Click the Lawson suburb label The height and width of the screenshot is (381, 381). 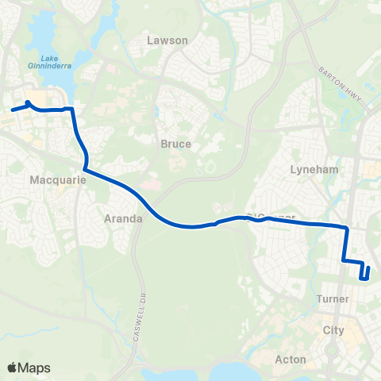[168, 40]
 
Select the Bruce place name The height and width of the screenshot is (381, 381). [175, 144]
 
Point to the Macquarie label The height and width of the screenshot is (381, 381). [52, 180]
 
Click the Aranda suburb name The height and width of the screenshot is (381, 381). [123, 217]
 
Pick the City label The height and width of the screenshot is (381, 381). [333, 329]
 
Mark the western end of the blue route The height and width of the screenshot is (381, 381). [12, 110]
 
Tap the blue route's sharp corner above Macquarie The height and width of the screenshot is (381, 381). [84, 169]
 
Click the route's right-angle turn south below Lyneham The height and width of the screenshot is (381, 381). [347, 229]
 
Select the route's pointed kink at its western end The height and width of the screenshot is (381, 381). [29, 102]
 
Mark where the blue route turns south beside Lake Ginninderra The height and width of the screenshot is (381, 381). [73, 110]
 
